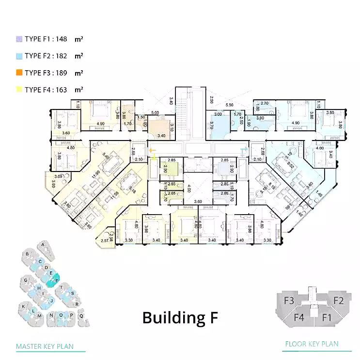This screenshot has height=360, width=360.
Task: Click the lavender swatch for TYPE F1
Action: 19,38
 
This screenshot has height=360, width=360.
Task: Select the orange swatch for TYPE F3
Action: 19,73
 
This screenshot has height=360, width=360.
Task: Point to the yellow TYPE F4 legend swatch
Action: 19,90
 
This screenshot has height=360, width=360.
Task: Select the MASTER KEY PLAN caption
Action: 45,346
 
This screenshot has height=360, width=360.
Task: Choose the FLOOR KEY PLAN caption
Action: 311,344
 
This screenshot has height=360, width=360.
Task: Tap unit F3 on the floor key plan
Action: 289,301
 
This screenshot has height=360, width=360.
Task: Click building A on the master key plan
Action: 43,245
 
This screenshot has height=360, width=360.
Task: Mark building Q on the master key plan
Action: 81,315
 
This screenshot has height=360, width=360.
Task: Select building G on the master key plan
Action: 25,280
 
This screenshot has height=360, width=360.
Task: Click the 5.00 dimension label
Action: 155,113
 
